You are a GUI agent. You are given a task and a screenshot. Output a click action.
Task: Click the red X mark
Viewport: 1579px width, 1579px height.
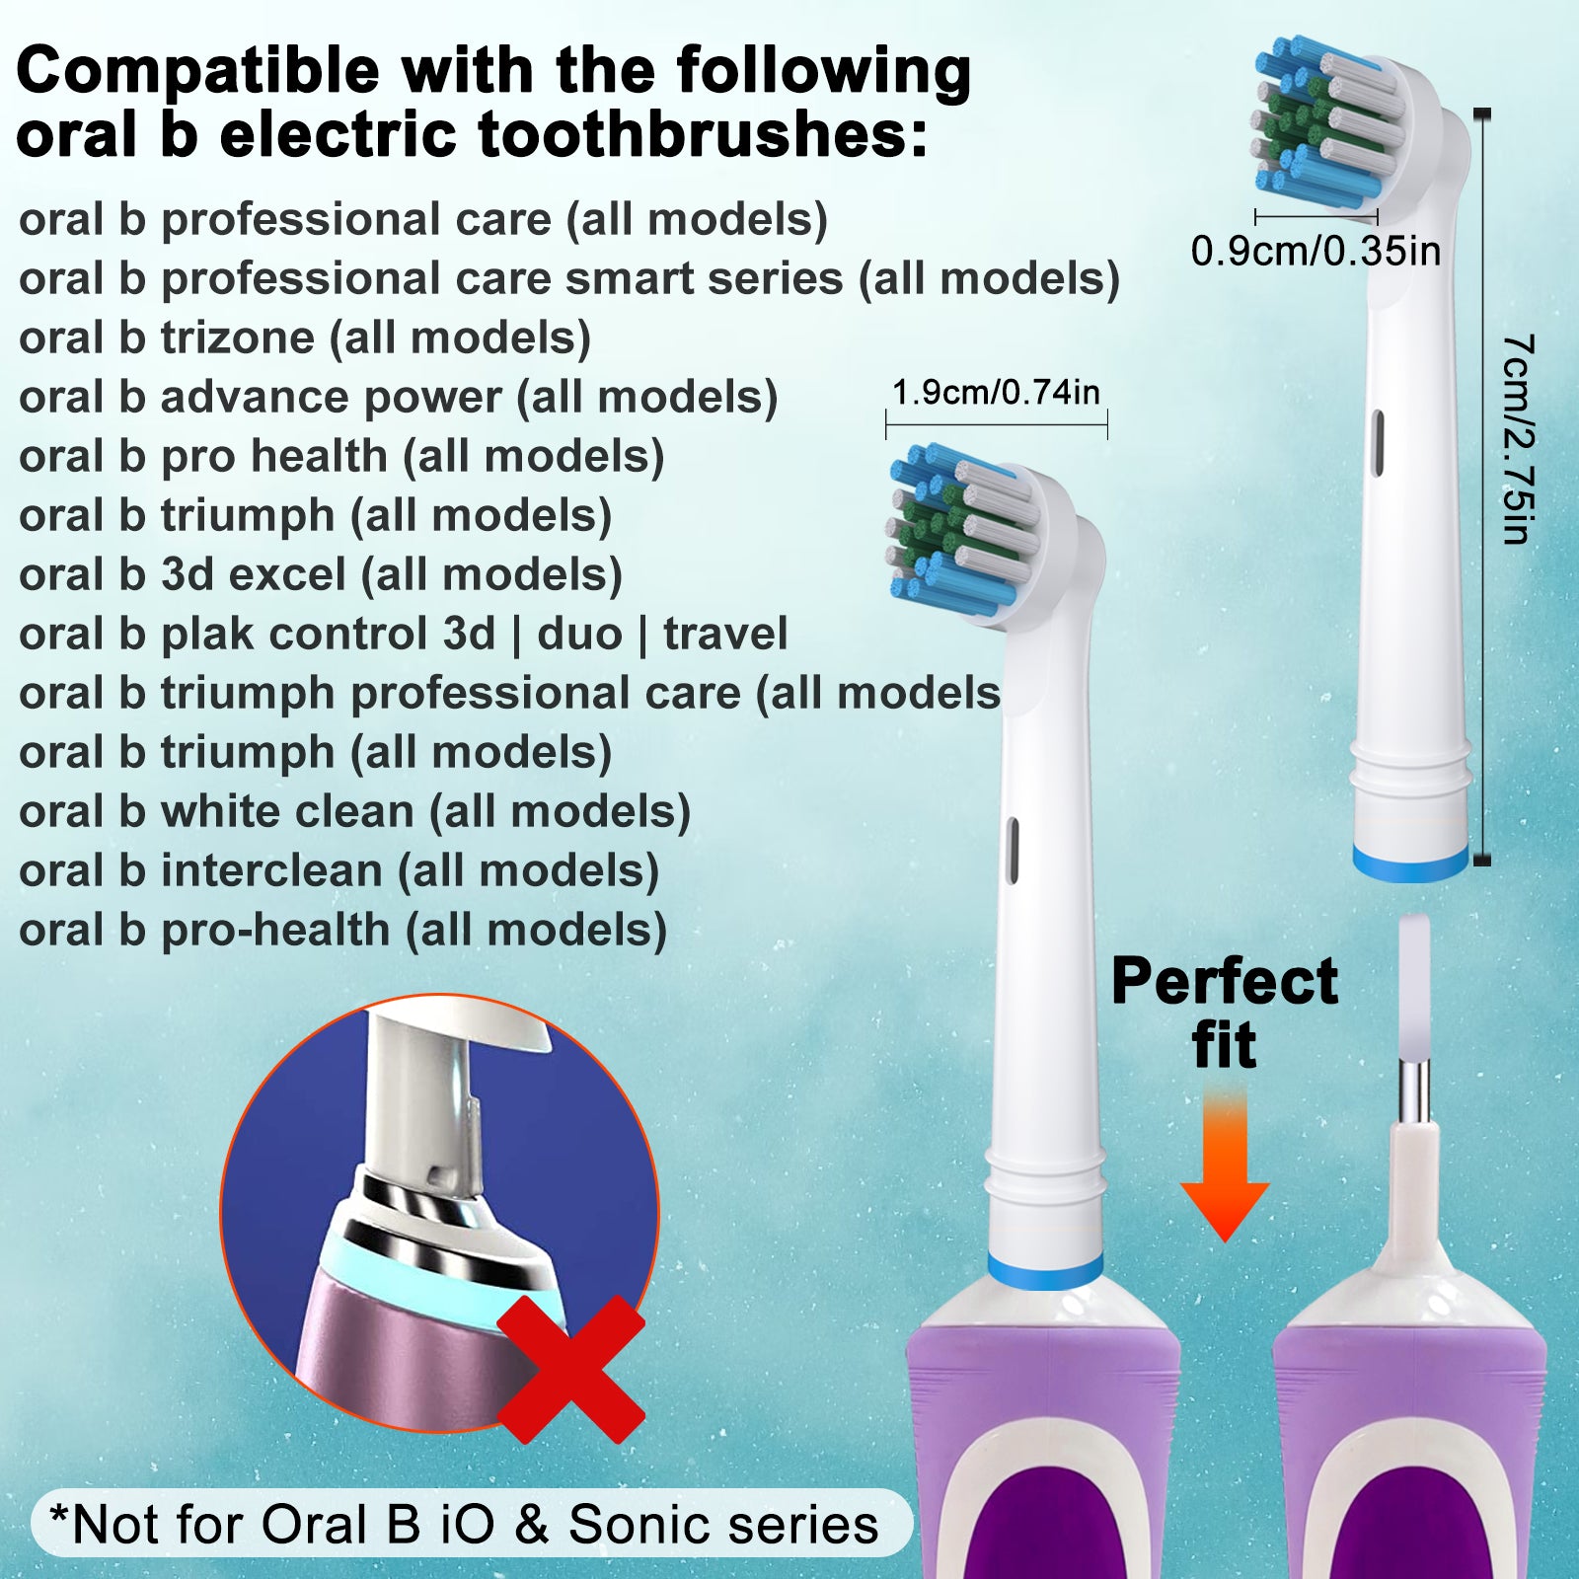tap(570, 1368)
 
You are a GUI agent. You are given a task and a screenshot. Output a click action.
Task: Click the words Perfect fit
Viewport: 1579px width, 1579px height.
tap(1225, 1013)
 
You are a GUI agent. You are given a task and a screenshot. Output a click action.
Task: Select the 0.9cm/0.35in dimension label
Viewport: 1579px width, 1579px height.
tap(1316, 251)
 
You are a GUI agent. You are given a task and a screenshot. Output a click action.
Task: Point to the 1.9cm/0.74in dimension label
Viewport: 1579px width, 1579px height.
tap(996, 393)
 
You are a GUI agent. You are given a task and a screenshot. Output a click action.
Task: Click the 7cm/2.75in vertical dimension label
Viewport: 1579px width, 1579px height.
tap(1518, 439)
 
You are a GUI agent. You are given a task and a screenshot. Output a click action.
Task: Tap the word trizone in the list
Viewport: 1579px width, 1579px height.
tap(238, 338)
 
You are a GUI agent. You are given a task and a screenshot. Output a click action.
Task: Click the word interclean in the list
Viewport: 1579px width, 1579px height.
tap(271, 871)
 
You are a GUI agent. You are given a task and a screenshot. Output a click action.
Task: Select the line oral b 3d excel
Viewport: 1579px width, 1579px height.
tap(321, 575)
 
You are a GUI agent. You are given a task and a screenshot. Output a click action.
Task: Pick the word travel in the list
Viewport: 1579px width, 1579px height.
tap(725, 635)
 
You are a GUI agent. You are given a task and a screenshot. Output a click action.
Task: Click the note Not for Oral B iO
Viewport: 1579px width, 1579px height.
tap(464, 1524)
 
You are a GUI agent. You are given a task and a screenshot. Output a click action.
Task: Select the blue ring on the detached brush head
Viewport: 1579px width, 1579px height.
tap(1410, 864)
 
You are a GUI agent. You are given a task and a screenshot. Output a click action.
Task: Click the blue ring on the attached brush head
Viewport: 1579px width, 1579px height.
tap(1045, 1272)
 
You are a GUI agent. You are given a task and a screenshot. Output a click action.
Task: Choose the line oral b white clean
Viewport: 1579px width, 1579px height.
tap(355, 812)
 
